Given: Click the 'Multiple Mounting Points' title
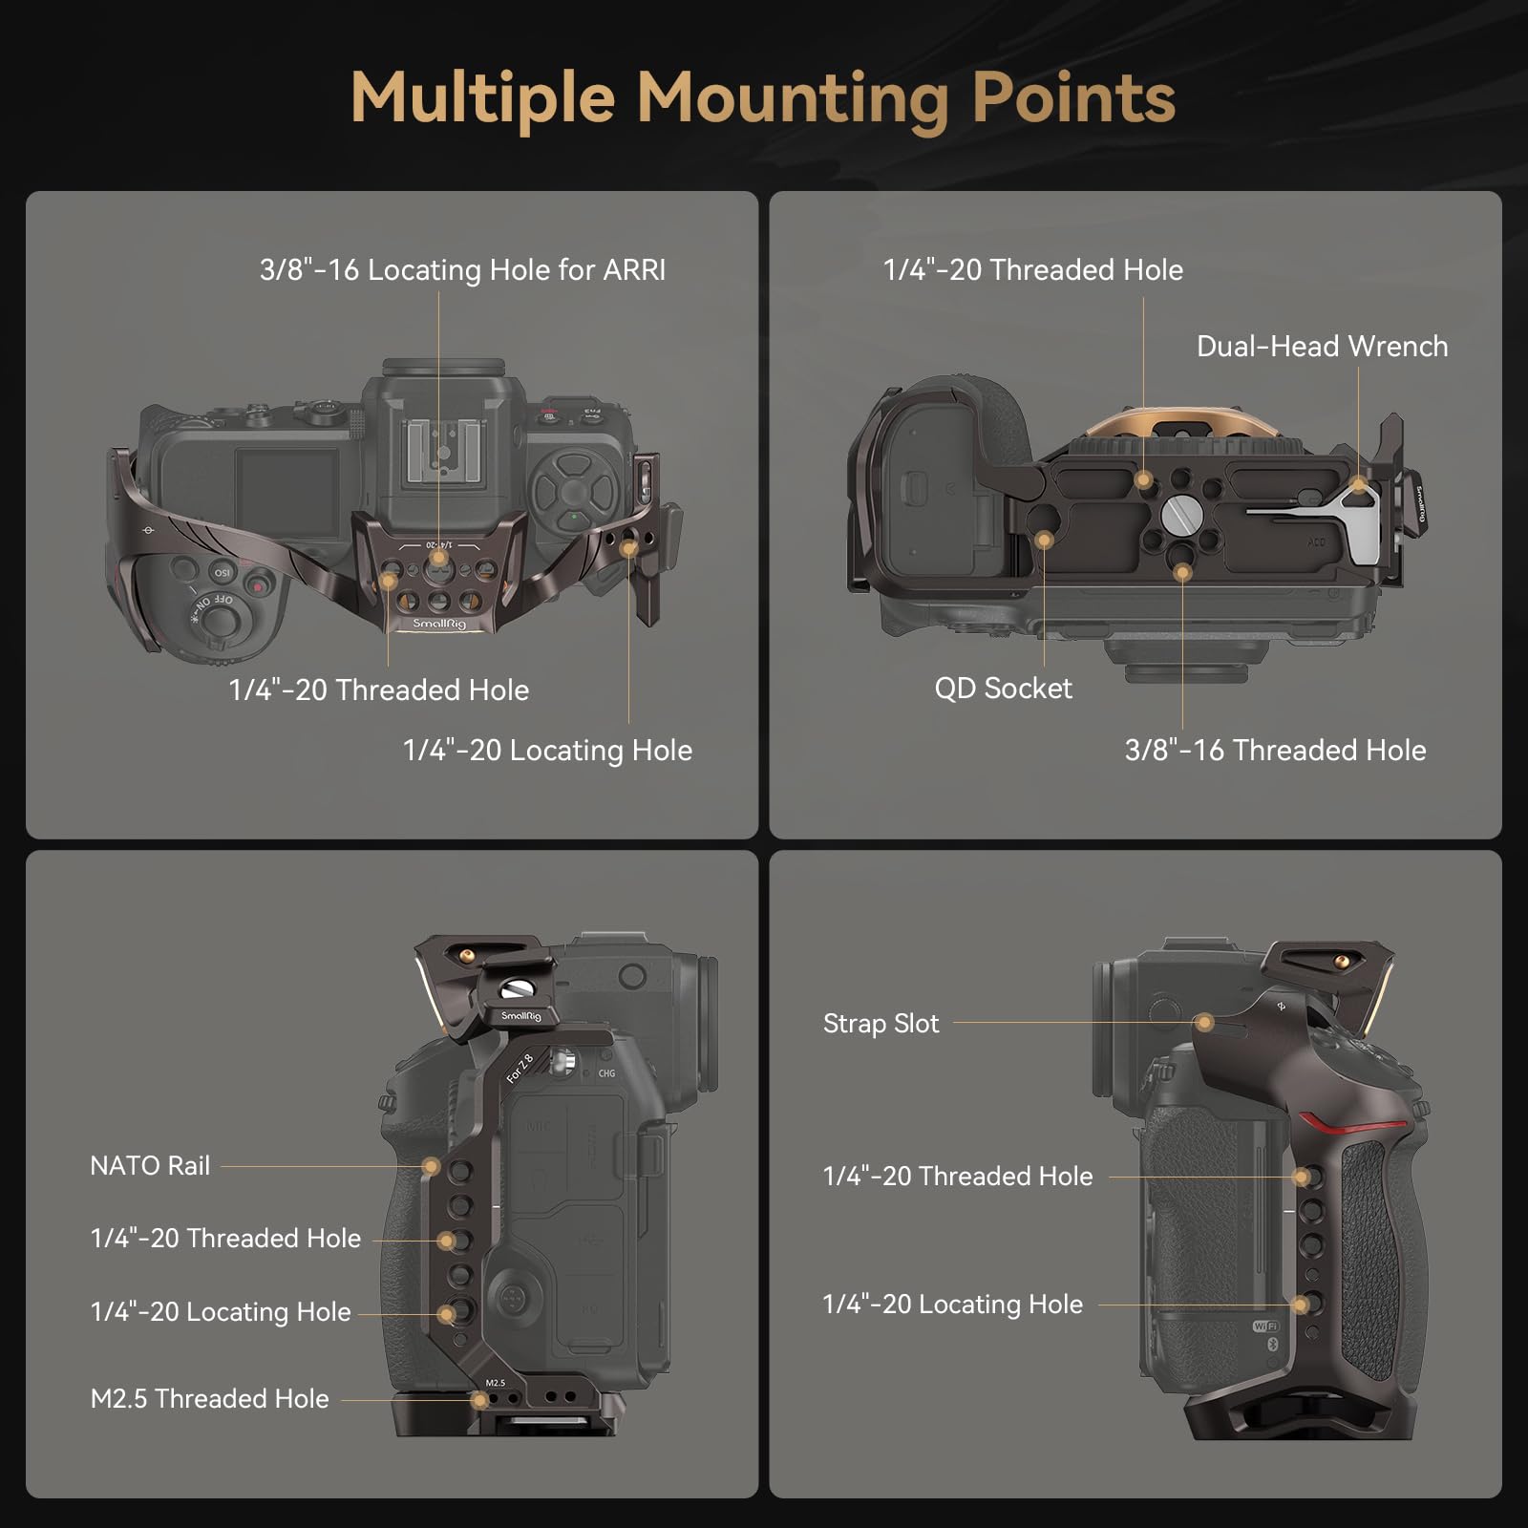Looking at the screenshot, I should [x=763, y=98].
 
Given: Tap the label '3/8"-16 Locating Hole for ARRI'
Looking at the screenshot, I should [x=462, y=270].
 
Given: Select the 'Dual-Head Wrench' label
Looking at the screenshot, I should [x=1322, y=346].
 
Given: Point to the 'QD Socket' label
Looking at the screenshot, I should [x=1003, y=689].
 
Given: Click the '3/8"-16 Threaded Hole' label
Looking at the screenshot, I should [x=1275, y=751].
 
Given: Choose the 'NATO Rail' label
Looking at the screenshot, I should [x=150, y=1166].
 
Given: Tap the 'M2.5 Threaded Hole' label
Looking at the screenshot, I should [x=209, y=1399].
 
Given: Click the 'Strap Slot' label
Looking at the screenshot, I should [x=881, y=1024].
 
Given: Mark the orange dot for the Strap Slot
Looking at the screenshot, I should [x=1204, y=1023].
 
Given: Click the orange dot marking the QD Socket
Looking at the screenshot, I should [x=1044, y=541].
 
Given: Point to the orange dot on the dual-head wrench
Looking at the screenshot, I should [x=1358, y=486].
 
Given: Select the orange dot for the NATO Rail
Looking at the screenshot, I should [x=432, y=1166].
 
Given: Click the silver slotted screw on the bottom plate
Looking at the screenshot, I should [x=1181, y=520].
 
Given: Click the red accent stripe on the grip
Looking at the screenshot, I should [x=1348, y=1125].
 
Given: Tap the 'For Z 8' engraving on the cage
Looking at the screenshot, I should [x=520, y=1068].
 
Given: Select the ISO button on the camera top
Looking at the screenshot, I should [x=222, y=573].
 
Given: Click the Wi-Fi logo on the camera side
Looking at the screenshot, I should [x=1265, y=1326].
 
